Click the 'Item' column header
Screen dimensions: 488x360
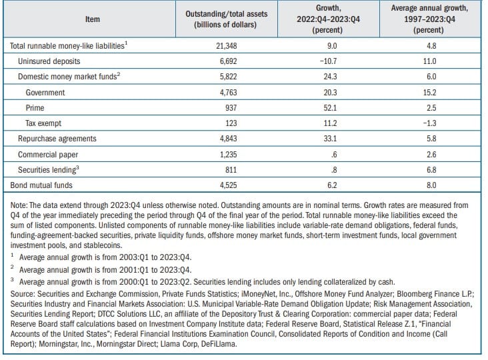point(93,19)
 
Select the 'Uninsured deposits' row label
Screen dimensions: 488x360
point(49,61)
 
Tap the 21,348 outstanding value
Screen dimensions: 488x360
point(226,46)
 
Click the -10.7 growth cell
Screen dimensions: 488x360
point(328,61)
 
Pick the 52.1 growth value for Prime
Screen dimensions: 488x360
point(330,108)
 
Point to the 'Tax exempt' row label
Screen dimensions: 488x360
point(43,123)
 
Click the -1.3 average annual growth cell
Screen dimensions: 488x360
point(429,123)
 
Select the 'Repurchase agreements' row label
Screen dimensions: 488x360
point(57,139)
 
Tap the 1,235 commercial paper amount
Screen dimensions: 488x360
point(228,154)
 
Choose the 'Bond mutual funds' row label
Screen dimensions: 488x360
point(41,185)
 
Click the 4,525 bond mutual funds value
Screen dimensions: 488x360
point(228,185)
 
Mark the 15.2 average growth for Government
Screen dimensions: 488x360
point(429,93)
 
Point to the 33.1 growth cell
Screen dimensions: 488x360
point(330,139)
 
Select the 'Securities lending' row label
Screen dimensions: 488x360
point(48,169)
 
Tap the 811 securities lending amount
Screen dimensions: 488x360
point(231,170)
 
